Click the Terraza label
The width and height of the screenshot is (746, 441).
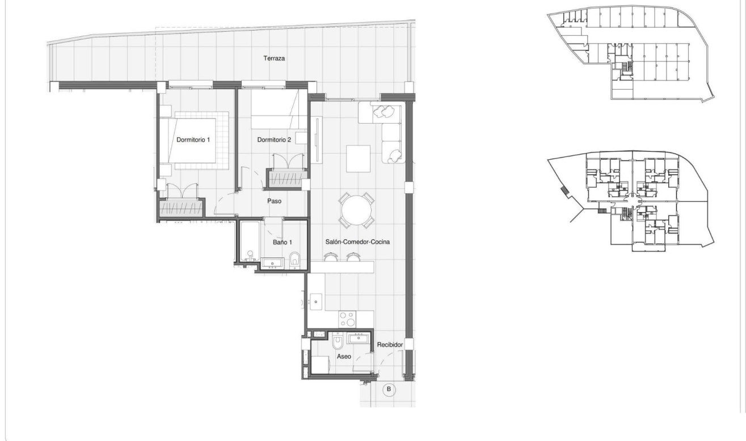click(x=273, y=58)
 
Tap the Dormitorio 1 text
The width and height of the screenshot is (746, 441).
click(x=193, y=139)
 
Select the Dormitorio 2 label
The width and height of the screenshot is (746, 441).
click(x=274, y=139)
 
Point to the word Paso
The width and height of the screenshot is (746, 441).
click(x=274, y=201)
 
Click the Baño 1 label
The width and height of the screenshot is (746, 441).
click(x=282, y=242)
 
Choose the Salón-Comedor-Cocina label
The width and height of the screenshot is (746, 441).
click(x=357, y=241)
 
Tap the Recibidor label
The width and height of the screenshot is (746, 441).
click(x=390, y=344)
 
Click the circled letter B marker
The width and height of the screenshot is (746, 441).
click(x=389, y=389)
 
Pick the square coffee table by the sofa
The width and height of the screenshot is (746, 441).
click(x=358, y=159)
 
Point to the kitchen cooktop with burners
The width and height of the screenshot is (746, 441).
click(x=347, y=319)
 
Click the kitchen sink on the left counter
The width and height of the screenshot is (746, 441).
click(x=315, y=302)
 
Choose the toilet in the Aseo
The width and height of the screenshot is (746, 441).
click(x=336, y=343)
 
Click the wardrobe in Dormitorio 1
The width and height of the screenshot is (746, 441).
click(x=181, y=208)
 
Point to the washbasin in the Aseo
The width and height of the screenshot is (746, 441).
click(x=359, y=339)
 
